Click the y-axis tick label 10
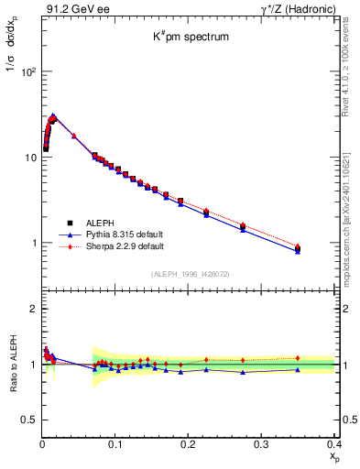[29, 158]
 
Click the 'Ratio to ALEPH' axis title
[12, 365]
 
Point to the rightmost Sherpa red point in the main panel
[322, 245]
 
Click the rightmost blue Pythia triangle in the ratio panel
[322, 369]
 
